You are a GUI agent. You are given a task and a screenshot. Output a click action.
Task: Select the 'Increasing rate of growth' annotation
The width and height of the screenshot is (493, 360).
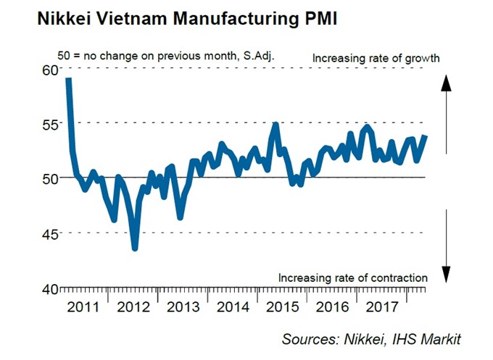coord(376,56)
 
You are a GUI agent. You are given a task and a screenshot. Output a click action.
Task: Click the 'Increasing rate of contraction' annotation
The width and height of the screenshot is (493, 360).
coord(352,277)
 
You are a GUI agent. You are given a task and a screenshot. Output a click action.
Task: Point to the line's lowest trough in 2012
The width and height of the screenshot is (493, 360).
coord(135,248)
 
